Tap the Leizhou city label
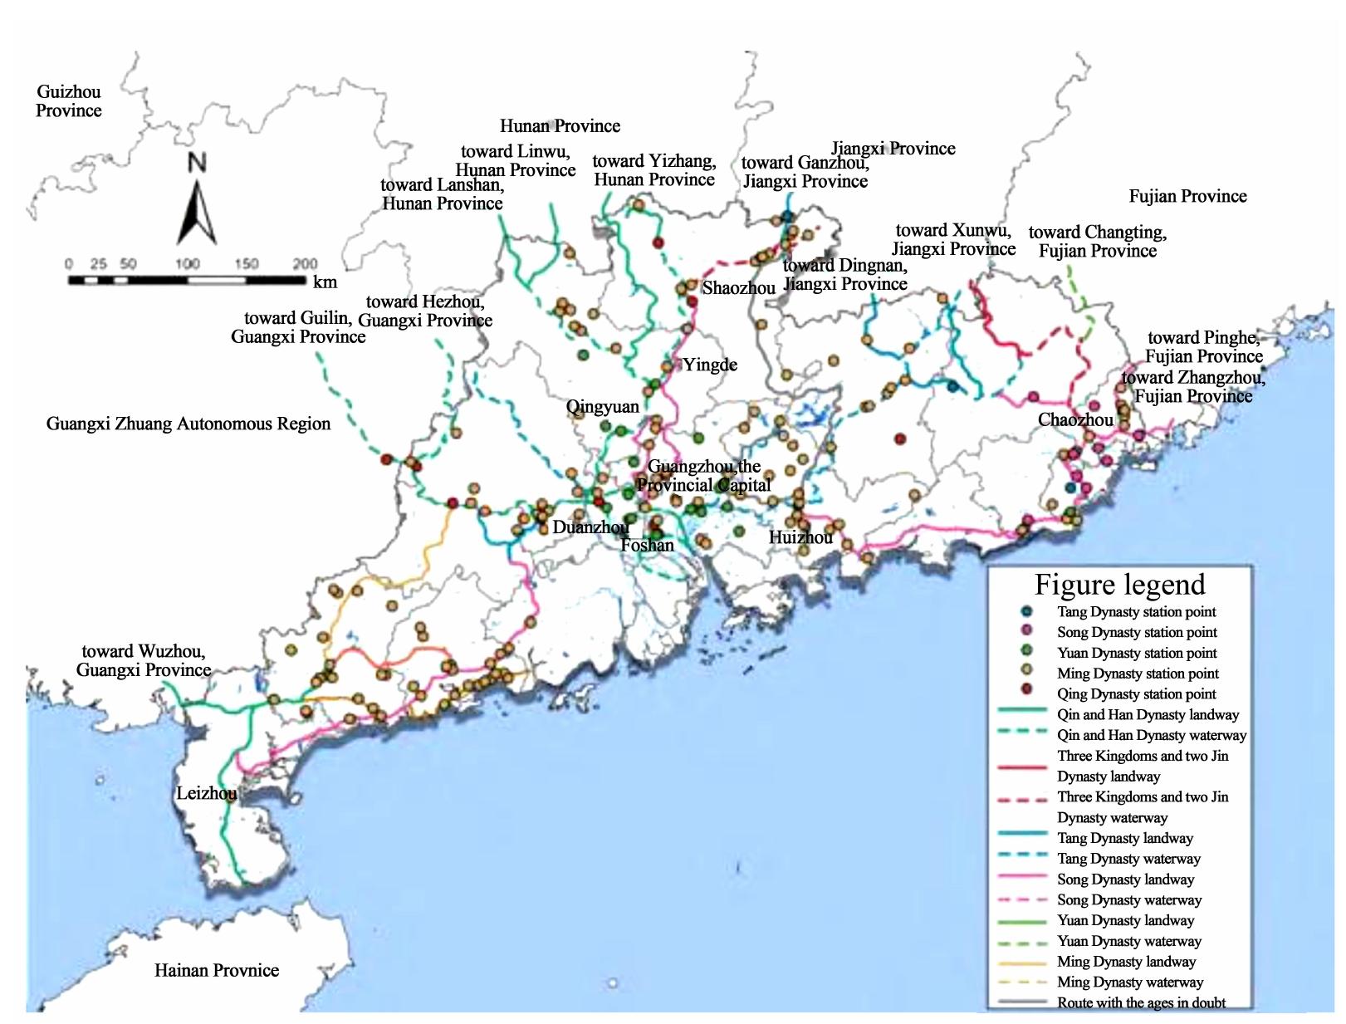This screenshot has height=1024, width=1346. click(206, 793)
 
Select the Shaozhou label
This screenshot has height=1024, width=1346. click(738, 288)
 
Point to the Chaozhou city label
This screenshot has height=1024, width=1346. click(1075, 419)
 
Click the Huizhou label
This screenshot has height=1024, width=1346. click(800, 537)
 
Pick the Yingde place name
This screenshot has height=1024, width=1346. click(710, 365)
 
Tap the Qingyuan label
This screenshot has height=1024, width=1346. click(603, 407)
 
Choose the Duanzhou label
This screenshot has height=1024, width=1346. click(590, 527)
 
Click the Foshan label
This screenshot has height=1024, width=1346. click(648, 546)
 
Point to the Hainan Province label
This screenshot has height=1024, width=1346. click(216, 970)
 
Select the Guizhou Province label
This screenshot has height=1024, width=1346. click(69, 101)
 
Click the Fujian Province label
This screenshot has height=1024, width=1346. click(1187, 196)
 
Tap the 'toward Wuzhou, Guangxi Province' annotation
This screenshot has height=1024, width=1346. click(143, 660)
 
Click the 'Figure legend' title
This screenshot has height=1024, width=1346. click(1119, 585)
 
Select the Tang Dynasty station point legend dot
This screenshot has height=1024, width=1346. click(1027, 611)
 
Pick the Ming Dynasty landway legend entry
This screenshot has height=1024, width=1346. click(1126, 962)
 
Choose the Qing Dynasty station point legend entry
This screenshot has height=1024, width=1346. click(1136, 693)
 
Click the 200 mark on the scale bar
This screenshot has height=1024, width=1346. click(305, 264)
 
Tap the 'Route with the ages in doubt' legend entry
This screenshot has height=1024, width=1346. click(1141, 1002)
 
